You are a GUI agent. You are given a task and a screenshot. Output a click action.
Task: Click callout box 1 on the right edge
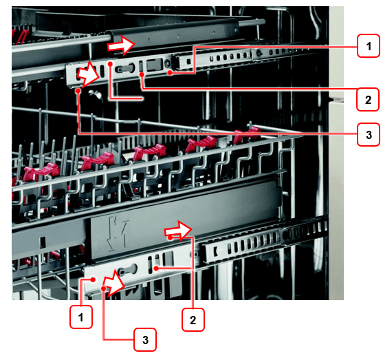(369, 46)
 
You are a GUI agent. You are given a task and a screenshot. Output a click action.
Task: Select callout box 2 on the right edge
(368, 100)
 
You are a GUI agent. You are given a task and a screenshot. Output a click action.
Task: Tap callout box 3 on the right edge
(369, 135)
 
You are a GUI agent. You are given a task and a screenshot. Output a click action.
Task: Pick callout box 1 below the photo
(81, 317)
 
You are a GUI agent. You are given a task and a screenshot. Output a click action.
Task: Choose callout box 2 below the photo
(193, 320)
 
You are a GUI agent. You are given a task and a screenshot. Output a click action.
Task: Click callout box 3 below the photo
(145, 340)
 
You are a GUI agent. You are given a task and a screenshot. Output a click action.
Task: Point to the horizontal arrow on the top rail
(122, 45)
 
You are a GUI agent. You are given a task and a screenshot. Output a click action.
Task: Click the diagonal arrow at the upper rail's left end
(89, 74)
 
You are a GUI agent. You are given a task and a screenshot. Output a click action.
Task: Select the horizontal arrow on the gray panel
(179, 230)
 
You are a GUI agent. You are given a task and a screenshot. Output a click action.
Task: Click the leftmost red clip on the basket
(41, 171)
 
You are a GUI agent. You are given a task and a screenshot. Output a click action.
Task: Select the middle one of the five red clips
(149, 151)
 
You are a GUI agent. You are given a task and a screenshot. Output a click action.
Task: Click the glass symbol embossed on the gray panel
(118, 234)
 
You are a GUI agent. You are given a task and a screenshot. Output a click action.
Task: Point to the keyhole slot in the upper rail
(125, 68)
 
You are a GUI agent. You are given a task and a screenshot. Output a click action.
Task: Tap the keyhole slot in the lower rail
(128, 271)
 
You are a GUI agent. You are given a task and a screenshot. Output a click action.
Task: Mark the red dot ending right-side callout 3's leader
(78, 91)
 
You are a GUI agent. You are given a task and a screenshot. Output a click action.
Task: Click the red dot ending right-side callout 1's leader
(170, 73)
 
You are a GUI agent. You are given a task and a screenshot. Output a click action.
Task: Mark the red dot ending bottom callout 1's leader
(93, 279)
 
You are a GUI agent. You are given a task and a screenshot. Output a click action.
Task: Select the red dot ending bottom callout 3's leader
(104, 288)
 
